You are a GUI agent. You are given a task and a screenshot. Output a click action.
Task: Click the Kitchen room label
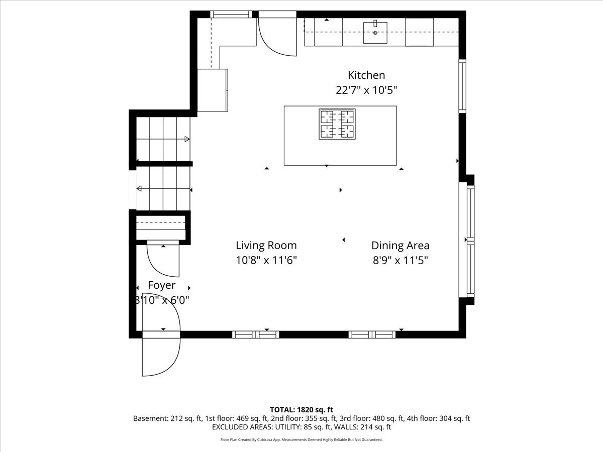(366, 75)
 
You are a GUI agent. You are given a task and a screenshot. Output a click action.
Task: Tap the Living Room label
(266, 246)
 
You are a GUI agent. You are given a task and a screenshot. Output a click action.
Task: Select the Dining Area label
(400, 246)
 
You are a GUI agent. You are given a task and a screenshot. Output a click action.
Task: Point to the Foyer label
(161, 286)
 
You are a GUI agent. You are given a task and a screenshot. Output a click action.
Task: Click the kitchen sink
(375, 33)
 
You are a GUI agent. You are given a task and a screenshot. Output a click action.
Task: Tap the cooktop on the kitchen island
(337, 124)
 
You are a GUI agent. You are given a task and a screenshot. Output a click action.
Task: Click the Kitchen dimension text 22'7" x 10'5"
(366, 90)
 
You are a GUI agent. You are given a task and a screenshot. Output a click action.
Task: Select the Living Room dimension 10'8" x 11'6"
(266, 260)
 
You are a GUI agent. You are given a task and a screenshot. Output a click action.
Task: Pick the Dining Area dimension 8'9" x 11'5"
(400, 260)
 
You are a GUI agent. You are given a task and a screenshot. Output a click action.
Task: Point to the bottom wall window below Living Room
(256, 334)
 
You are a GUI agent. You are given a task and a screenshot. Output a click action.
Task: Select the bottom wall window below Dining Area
(372, 334)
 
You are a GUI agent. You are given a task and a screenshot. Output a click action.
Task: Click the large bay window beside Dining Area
(470, 241)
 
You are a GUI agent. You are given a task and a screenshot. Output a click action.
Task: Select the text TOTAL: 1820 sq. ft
(301, 410)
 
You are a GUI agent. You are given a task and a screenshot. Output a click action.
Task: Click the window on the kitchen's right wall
(463, 86)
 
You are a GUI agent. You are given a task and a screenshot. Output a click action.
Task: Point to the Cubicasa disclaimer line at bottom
(301, 439)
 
